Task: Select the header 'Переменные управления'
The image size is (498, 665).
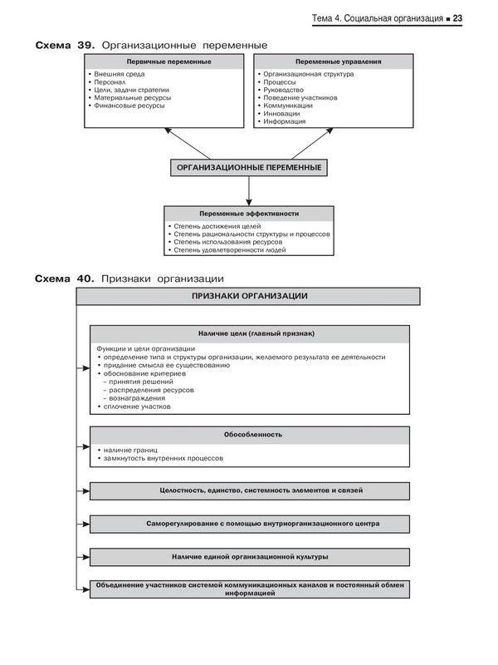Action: [x=334, y=62]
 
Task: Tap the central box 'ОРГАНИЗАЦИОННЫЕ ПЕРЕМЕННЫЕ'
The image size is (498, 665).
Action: [x=248, y=168]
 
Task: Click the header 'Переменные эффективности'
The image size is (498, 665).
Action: [x=248, y=214]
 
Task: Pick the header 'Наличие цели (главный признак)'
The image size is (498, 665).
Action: [x=250, y=333]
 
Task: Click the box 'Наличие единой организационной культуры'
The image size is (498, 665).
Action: [x=250, y=556]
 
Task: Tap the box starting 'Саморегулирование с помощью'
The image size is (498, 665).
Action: [x=250, y=524]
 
